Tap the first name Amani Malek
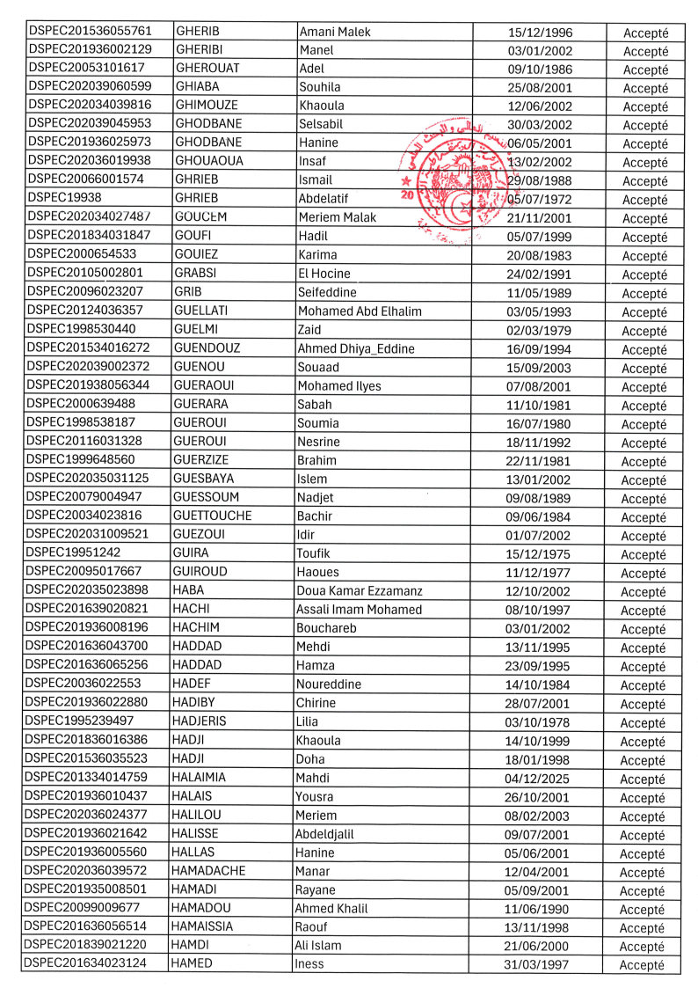point(336,32)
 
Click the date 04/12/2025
point(538,779)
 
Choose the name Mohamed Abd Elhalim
point(360,311)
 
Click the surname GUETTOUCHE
point(214,516)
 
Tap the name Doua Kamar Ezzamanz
point(360,591)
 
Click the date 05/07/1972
point(538,200)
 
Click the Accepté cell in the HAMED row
point(643,965)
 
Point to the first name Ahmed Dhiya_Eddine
point(356,348)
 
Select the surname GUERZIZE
point(204,461)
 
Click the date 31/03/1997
point(538,965)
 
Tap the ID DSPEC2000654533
point(84,255)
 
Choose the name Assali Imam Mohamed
point(360,610)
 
